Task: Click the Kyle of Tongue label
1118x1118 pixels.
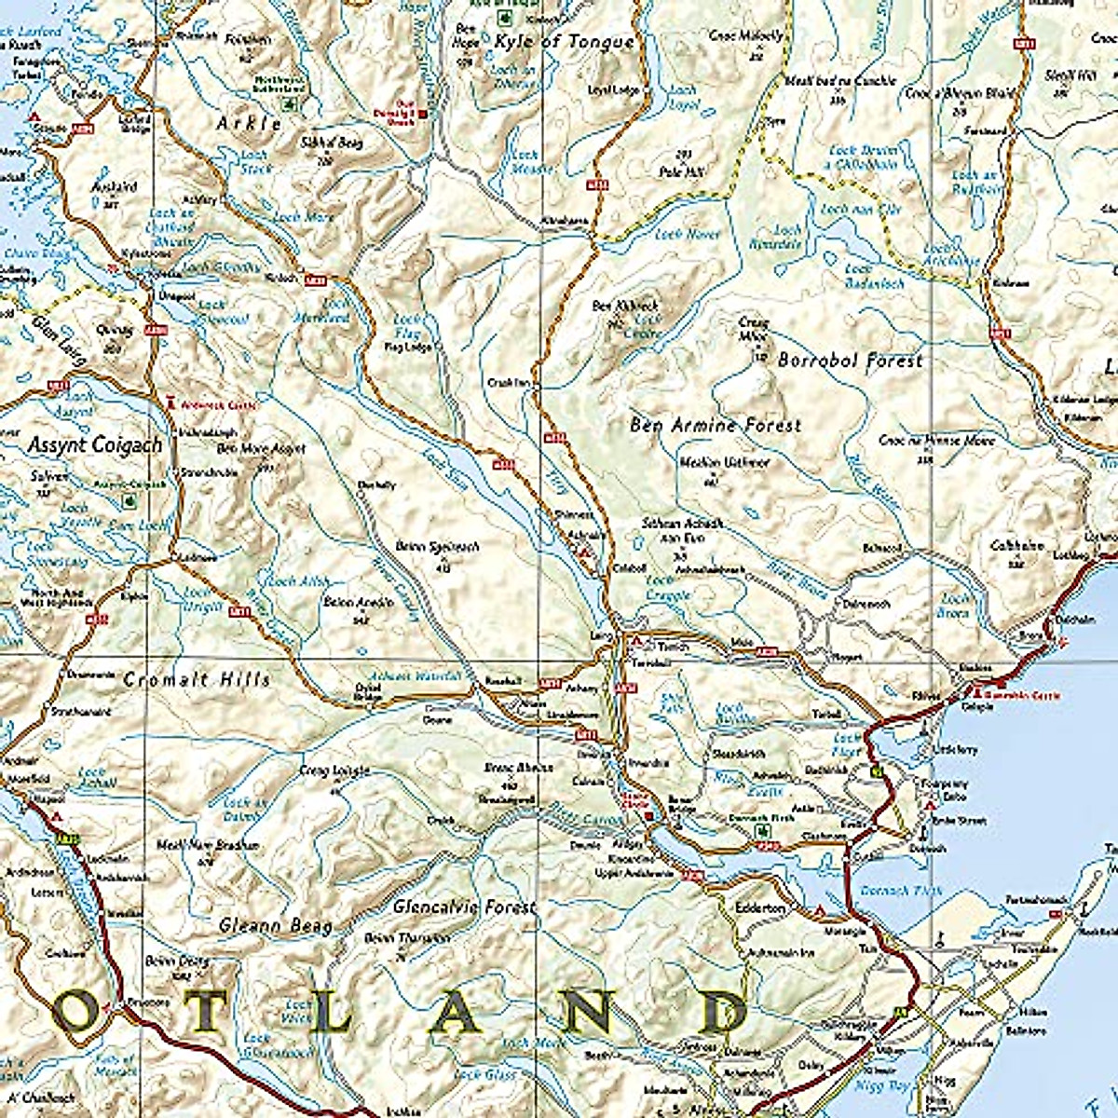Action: (x=565, y=42)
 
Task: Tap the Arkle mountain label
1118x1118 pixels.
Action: (x=249, y=123)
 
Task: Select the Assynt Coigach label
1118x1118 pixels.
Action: (x=94, y=445)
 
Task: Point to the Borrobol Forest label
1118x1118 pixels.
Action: (x=850, y=360)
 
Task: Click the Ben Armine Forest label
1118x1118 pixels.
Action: (x=715, y=425)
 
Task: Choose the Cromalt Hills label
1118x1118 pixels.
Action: (x=197, y=679)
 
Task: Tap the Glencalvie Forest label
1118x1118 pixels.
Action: (x=464, y=907)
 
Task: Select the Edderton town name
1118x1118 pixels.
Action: (x=760, y=907)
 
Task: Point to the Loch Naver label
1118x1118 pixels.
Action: (x=688, y=235)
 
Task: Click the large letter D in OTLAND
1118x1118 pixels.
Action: (x=725, y=1014)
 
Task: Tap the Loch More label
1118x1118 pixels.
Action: (x=303, y=216)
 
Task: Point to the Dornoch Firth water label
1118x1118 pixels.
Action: (x=900, y=891)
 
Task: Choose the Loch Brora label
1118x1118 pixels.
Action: (x=955, y=607)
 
